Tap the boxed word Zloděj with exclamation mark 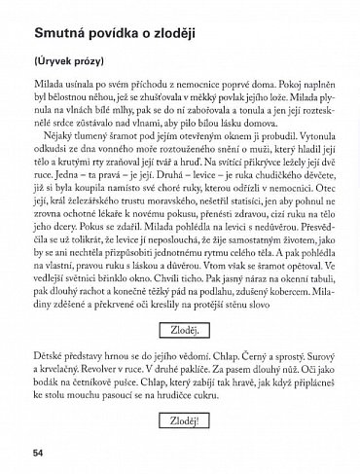click(x=182, y=423)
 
